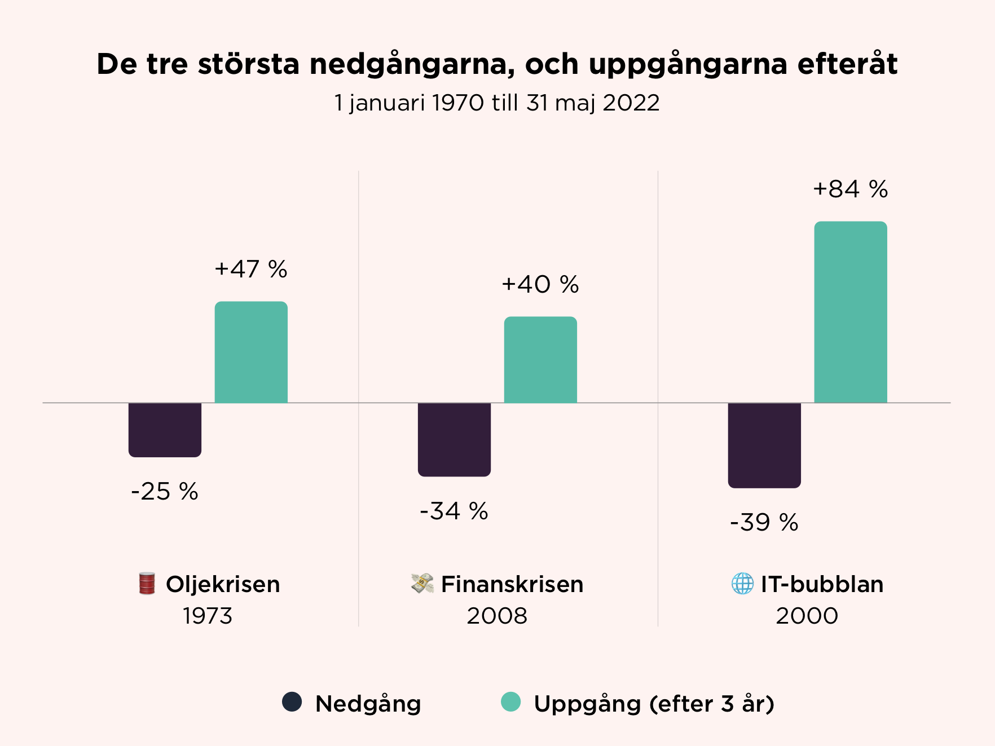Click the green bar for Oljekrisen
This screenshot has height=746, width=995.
pos(251,352)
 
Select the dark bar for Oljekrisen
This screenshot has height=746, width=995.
pos(165,430)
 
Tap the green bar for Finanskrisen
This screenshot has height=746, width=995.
pos(540,360)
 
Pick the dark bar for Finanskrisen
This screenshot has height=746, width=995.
pos(454,439)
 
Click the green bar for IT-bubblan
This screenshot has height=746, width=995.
pos(851,312)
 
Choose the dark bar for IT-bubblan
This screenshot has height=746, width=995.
pos(764,445)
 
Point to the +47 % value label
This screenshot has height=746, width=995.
pos(251,270)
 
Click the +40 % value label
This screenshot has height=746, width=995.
pos(540,285)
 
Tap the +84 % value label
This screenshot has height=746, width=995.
pos(851,189)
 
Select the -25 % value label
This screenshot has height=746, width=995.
pos(165,492)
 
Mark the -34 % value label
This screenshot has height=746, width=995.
pos(454,511)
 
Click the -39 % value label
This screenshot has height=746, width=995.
pos(764,523)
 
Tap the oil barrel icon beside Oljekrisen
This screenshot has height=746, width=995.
pos(147,584)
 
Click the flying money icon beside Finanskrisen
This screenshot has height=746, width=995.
pos(422,584)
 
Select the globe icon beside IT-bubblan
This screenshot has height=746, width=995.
pos(742,584)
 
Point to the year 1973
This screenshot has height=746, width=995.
pos(208,616)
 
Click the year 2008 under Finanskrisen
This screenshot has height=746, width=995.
pos(497,616)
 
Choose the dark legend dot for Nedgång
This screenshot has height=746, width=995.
pos(292,702)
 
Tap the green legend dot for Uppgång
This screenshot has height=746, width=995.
pos(511,702)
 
